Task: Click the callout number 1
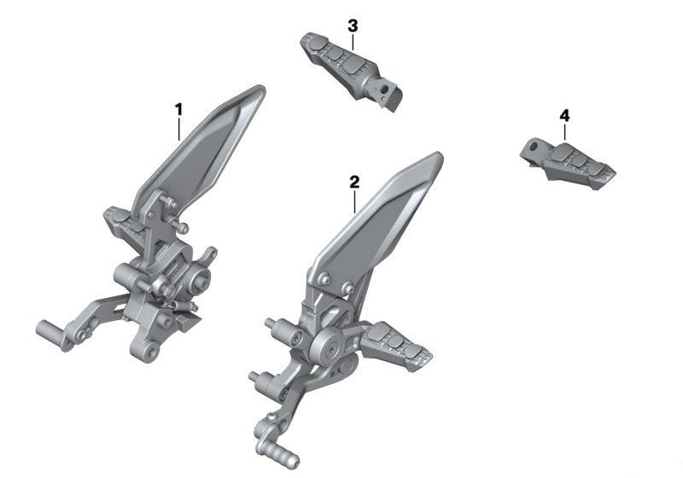[x=178, y=110]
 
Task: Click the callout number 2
[x=354, y=182]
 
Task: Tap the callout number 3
[x=353, y=26]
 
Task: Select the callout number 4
[x=564, y=115]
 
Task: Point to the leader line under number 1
[x=179, y=129]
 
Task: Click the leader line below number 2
[x=355, y=201]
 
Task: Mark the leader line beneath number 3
[x=353, y=42]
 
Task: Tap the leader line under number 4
[x=564, y=132]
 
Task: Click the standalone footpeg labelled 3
[x=351, y=71]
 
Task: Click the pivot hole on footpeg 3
[x=384, y=90]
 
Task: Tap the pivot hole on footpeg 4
[x=533, y=146]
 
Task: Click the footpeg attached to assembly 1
[x=124, y=227]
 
